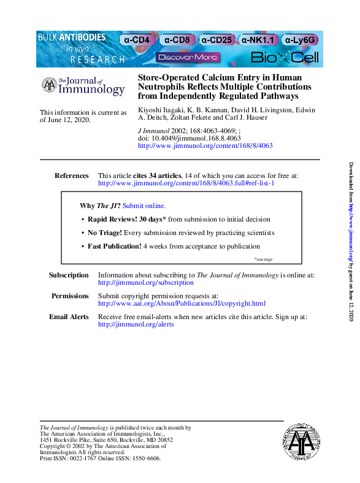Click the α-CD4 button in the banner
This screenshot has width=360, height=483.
click(x=137, y=40)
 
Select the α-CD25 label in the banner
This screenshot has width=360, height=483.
click(x=216, y=40)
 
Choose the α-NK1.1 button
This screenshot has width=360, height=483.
click(x=258, y=40)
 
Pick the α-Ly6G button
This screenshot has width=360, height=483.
click(x=301, y=40)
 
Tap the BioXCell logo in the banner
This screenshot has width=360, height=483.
click(x=285, y=58)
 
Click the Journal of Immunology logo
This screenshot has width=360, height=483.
click(x=83, y=86)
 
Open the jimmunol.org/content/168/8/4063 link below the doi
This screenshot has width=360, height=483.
click(x=205, y=146)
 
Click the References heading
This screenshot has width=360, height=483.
click(x=72, y=176)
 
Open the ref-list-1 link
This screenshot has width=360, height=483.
click(x=186, y=184)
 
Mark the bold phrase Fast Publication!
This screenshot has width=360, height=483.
click(x=114, y=246)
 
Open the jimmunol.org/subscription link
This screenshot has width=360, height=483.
click(x=145, y=283)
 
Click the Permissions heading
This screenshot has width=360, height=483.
click(x=70, y=296)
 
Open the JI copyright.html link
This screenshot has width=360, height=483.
click(x=182, y=304)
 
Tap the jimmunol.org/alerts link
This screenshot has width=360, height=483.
click(x=136, y=324)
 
